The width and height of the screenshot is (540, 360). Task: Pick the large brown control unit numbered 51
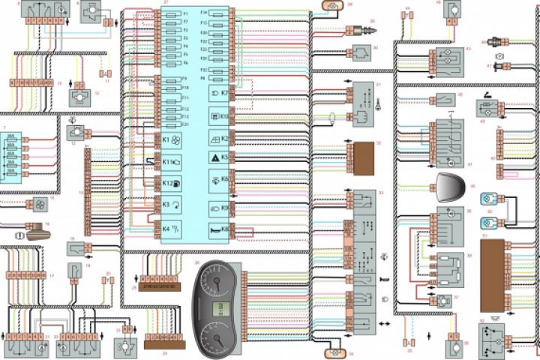[493, 274]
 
